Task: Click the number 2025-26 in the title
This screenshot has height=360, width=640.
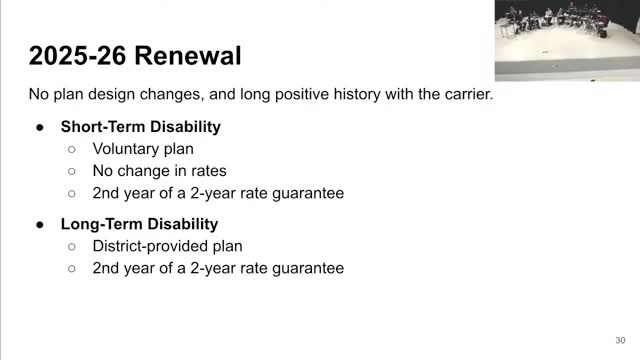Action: click(78, 56)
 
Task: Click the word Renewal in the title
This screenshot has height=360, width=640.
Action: click(188, 56)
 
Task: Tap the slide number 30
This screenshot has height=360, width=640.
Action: click(620, 340)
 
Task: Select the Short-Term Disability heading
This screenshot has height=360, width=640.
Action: click(141, 127)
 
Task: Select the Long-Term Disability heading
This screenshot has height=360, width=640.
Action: click(140, 224)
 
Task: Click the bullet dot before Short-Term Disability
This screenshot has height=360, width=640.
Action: click(40, 128)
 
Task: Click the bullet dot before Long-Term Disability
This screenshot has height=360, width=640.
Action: click(40, 225)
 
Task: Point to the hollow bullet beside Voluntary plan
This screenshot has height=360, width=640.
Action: click(72, 149)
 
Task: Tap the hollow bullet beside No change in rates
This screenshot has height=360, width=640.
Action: click(72, 171)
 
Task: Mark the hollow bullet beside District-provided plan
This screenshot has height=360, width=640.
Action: click(72, 247)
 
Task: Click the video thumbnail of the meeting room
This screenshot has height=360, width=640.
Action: click(567, 40)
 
